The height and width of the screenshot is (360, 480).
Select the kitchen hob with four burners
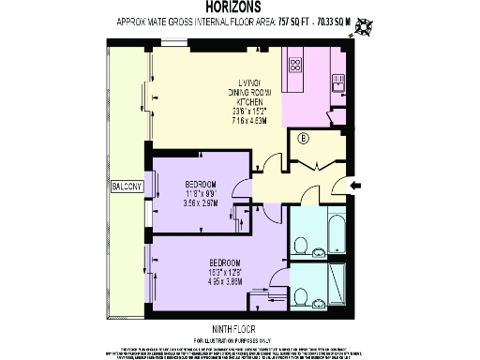[296, 66]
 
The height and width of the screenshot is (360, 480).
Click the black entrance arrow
[357, 187]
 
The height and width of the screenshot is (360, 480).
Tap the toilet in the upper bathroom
[301, 246]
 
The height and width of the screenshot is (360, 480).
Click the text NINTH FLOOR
[238, 328]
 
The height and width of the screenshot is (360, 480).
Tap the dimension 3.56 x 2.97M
[201, 201]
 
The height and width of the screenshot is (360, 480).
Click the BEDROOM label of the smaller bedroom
[201, 183]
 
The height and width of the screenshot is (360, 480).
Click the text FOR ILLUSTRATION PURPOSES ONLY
[238, 338]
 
